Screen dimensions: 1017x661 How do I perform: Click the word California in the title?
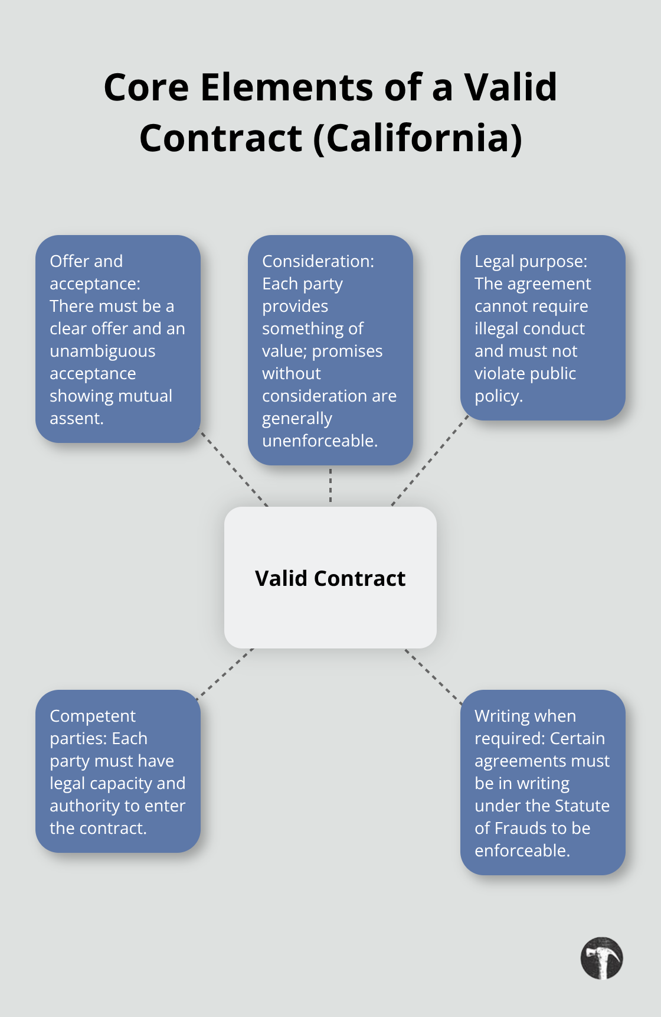click(417, 138)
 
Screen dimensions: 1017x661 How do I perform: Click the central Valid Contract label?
click(330, 578)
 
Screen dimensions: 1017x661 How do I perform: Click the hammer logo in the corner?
click(601, 958)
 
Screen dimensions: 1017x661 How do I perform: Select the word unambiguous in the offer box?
click(102, 351)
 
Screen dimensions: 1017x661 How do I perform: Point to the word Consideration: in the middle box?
click(318, 261)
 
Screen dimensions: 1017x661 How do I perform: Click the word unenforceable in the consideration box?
click(319, 441)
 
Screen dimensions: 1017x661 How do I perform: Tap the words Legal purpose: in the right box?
click(531, 261)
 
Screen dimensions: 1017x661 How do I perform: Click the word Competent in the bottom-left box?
click(92, 716)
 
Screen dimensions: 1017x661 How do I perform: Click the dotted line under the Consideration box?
click(330, 485)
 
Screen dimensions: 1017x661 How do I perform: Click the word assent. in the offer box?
click(76, 419)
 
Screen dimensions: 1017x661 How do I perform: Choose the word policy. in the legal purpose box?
click(498, 396)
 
